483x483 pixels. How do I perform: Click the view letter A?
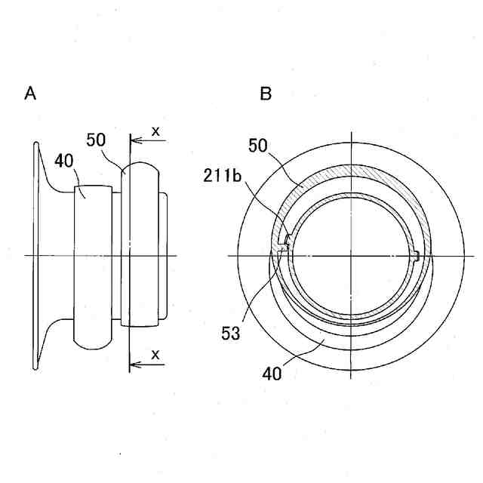pyautogui.click(x=30, y=94)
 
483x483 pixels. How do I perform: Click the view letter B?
pyautogui.click(x=266, y=94)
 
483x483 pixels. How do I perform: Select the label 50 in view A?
pyautogui.click(x=96, y=140)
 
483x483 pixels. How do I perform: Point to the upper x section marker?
pyautogui.click(x=156, y=131)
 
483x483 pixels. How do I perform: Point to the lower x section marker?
pyautogui.click(x=156, y=354)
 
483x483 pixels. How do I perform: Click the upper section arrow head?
pyautogui.click(x=135, y=140)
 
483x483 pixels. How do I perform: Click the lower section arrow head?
pyautogui.click(x=135, y=365)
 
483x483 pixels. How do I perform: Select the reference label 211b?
pyautogui.click(x=220, y=178)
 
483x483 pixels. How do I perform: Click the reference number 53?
pyautogui.click(x=231, y=332)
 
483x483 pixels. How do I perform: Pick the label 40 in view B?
pyautogui.click(x=272, y=372)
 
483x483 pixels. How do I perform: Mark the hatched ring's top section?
pyautogui.click(x=351, y=178)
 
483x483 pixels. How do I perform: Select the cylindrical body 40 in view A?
pyautogui.click(x=93, y=264)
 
